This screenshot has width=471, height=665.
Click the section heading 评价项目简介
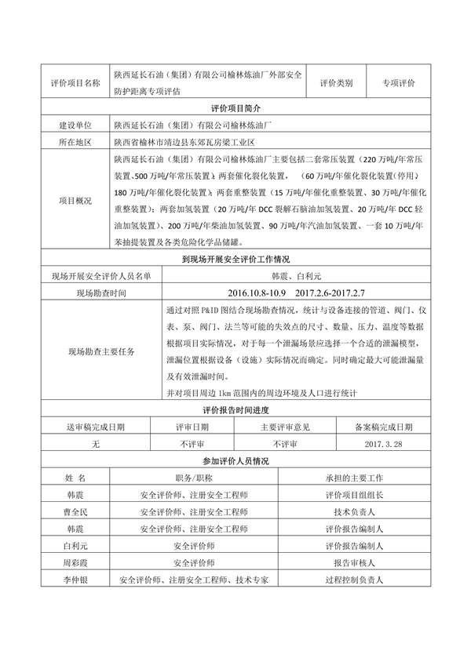[x=235, y=107]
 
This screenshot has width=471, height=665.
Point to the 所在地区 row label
[x=75, y=143]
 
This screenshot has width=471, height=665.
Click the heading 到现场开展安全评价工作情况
[x=235, y=258]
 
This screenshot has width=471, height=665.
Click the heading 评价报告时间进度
[x=235, y=410]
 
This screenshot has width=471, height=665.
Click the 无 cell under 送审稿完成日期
[x=96, y=444]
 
